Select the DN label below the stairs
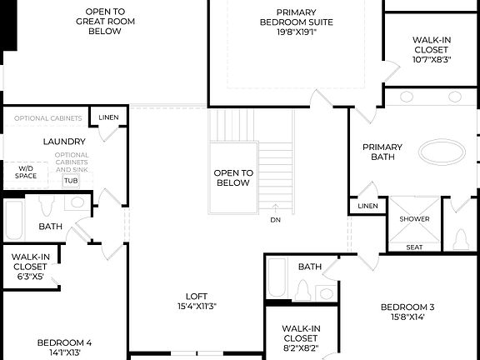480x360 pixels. point(276,220)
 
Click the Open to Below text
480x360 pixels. point(232,177)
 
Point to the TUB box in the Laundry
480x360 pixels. point(71,180)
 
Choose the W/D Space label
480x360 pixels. point(26,172)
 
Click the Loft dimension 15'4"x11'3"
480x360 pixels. point(197,306)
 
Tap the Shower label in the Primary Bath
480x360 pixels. point(414,219)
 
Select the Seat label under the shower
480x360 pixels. point(414,247)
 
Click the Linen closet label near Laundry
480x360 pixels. point(108,117)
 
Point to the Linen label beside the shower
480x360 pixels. point(367,206)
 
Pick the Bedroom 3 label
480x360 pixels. point(407,307)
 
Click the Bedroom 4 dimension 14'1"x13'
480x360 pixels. point(63,352)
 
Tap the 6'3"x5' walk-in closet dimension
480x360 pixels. point(32,277)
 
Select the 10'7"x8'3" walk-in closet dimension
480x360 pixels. point(431,59)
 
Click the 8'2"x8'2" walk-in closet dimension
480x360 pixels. point(300,348)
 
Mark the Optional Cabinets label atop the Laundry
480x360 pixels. point(47,118)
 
